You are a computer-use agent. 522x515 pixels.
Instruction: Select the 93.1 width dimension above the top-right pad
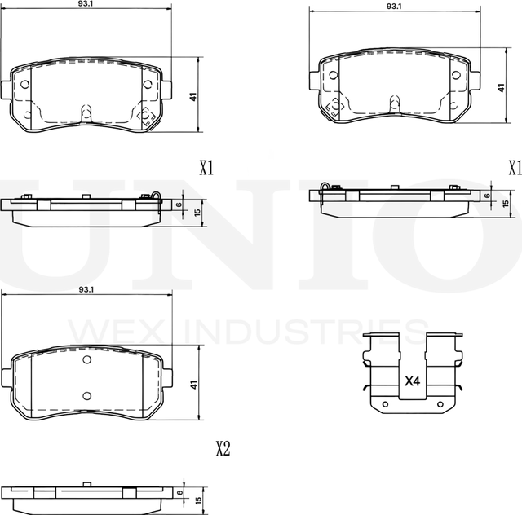tap(393, 6)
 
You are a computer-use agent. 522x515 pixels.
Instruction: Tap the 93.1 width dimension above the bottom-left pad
tap(86, 290)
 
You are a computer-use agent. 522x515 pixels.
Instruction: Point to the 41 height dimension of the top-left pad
tap(192, 96)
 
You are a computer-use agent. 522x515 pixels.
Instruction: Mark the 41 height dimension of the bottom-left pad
tap(192, 385)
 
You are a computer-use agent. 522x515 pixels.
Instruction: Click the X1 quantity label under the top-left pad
tap(206, 168)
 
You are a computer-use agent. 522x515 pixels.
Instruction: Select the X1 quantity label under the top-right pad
tap(514, 168)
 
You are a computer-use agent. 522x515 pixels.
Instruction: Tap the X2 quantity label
tap(223, 447)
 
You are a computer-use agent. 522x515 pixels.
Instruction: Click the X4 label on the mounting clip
tap(412, 381)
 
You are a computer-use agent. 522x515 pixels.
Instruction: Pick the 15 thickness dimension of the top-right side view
tap(505, 203)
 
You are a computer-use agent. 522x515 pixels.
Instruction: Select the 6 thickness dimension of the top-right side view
tap(488, 196)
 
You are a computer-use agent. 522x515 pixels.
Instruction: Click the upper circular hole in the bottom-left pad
tap(87, 361)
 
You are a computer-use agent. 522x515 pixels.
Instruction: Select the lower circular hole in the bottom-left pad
tap(87, 396)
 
